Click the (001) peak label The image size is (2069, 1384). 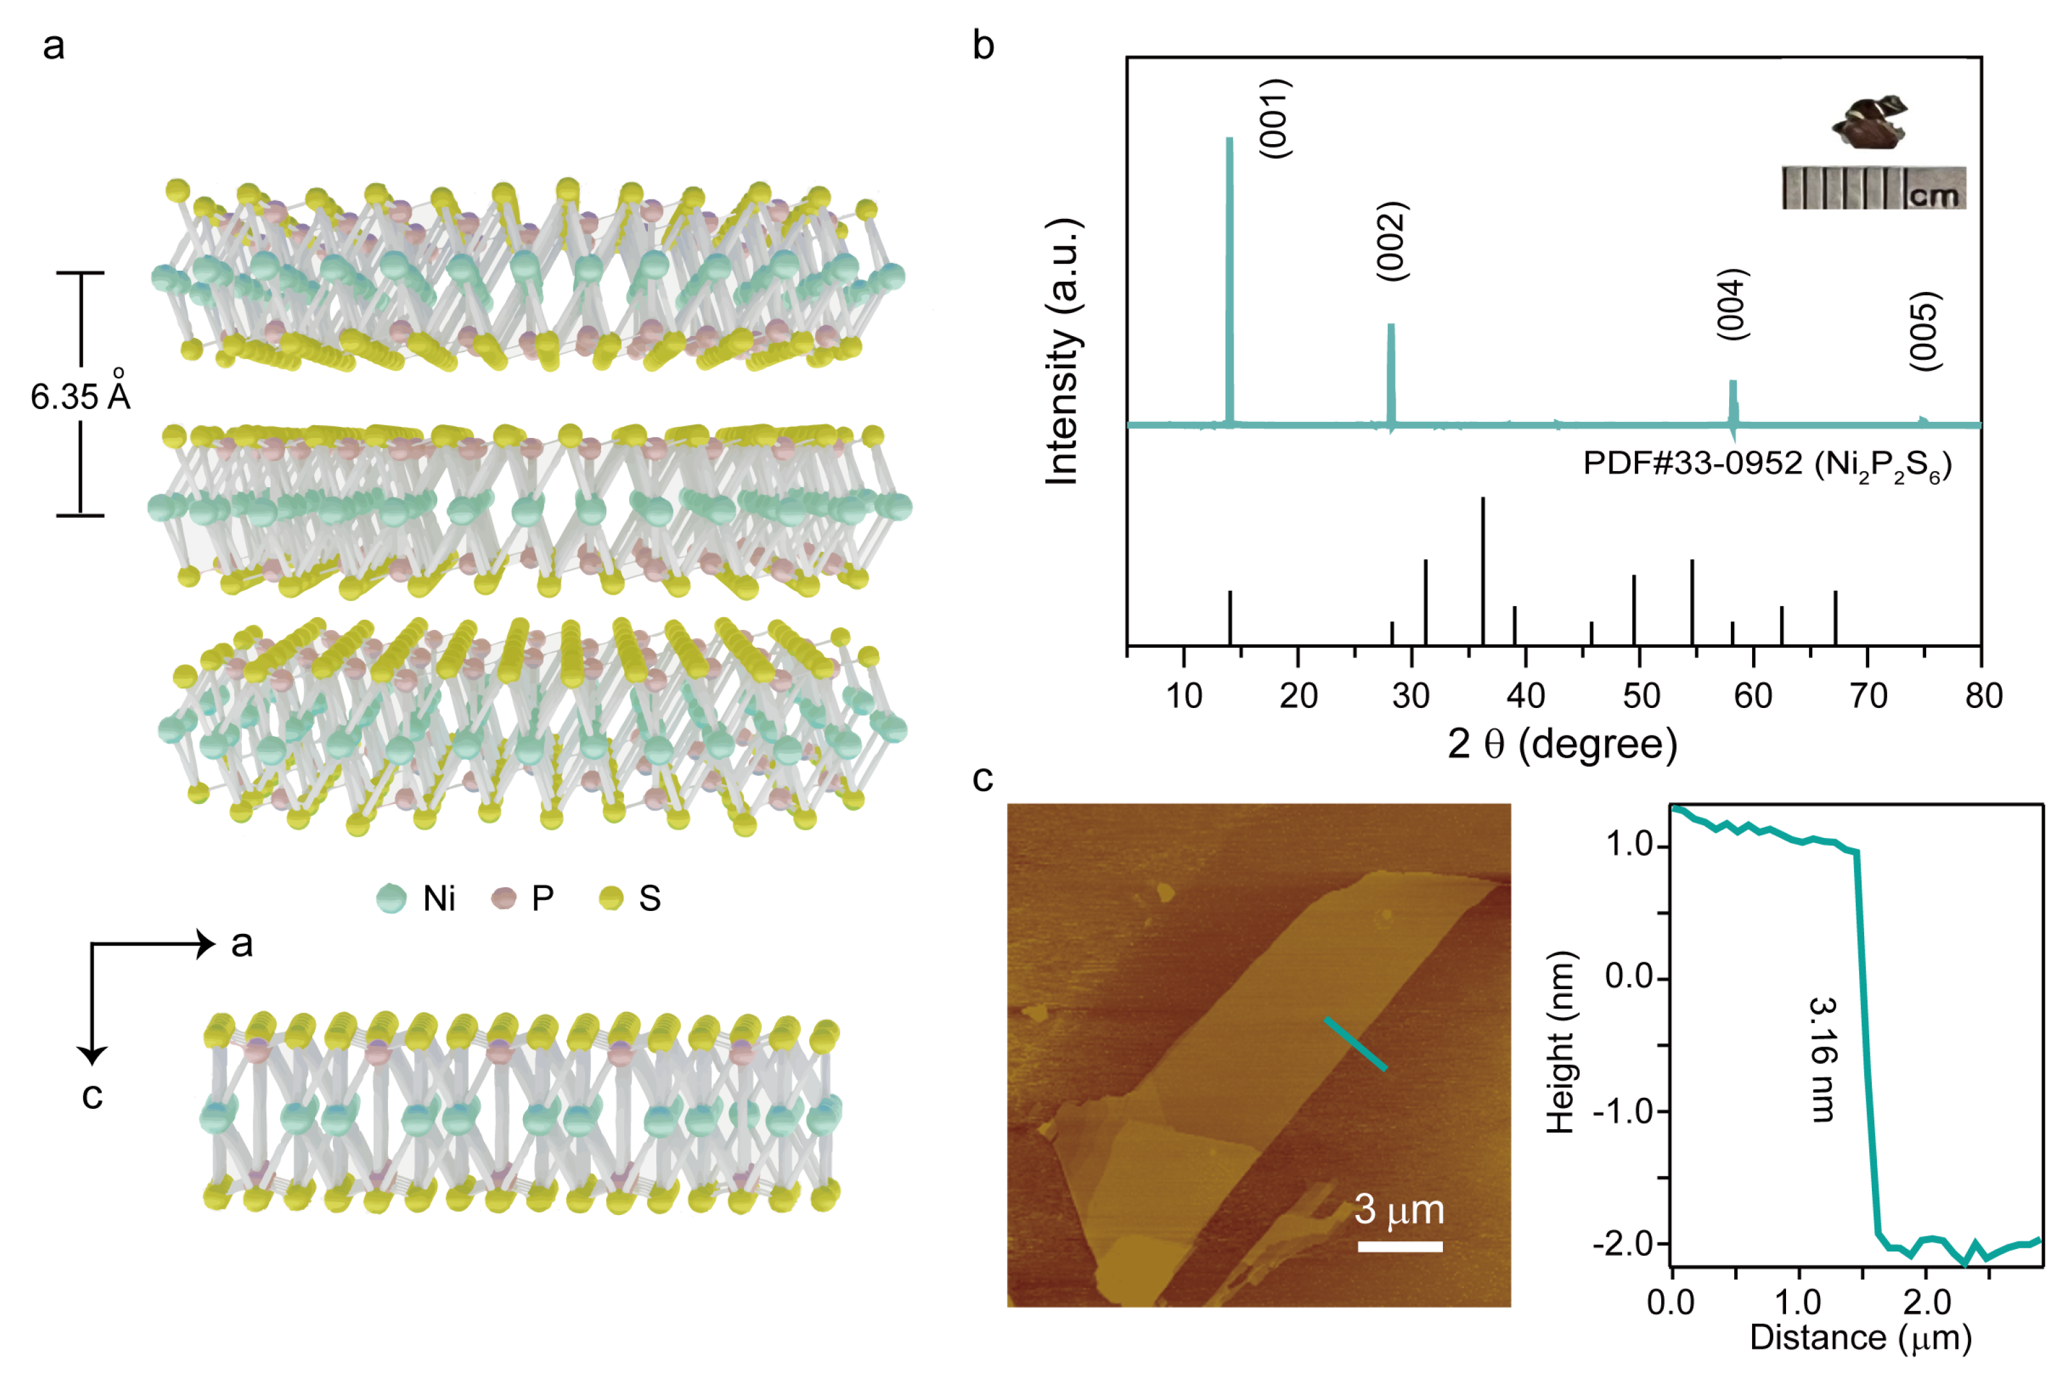(x=1275, y=119)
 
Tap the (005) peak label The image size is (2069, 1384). (x=1924, y=332)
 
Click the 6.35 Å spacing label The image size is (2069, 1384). (x=79, y=396)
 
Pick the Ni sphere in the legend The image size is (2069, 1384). (x=391, y=899)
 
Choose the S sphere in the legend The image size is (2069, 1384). (x=611, y=899)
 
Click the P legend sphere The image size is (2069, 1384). (x=503, y=899)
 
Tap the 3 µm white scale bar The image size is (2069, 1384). (x=1400, y=1246)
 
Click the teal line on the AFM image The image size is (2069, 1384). (x=1355, y=1044)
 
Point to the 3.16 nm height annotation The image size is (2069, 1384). (x=1822, y=1059)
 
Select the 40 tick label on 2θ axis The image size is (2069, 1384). (x=1526, y=696)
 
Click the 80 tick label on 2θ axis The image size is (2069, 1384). (x=1983, y=696)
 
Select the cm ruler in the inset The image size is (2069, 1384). (x=1873, y=188)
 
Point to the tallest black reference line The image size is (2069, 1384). (x=1483, y=571)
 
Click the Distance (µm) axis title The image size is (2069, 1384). (x=1861, y=1337)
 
